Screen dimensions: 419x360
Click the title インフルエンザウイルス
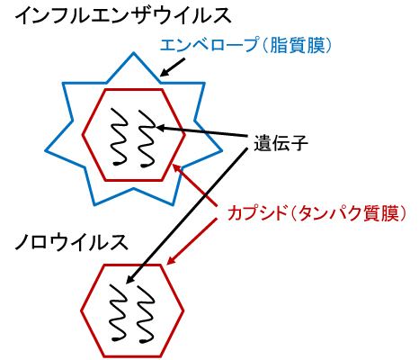pos(123,15)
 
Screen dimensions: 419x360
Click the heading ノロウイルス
pos(71,242)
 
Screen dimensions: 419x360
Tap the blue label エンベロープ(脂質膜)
pos(245,46)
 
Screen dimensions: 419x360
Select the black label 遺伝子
pos(281,143)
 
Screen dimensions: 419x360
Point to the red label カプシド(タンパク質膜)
pos(316,213)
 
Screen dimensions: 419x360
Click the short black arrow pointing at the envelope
pos(173,67)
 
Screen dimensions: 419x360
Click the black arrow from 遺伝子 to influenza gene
pos(203,132)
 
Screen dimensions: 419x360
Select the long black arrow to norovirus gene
pos(187,216)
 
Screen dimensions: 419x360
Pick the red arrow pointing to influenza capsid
pos(194,184)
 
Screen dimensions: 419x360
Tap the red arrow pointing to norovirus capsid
pos(192,242)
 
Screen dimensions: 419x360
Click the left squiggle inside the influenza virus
pos(120,137)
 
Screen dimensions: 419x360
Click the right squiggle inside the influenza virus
pos(147,139)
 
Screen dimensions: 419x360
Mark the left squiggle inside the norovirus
pos(119,312)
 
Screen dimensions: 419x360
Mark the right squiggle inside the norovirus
pos(146,314)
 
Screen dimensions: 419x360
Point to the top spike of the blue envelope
pos(133,53)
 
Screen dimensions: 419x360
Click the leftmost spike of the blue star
pos(46,150)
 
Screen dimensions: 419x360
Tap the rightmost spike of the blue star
pos(221,150)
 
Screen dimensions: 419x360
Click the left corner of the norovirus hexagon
pos(82,310)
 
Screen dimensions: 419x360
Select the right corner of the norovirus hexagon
pos(183,310)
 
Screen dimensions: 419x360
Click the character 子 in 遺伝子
pos(299,143)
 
